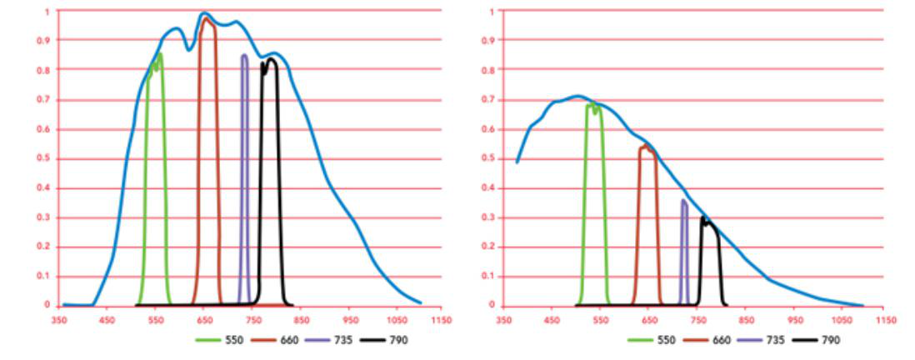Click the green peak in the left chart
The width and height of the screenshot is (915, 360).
click(159, 54)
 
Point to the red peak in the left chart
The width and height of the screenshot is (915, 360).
click(206, 18)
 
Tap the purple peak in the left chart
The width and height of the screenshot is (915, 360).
click(244, 56)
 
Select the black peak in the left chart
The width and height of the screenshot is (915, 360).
click(271, 58)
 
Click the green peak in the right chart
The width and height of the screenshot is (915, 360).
click(592, 104)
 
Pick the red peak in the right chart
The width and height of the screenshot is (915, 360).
click(646, 146)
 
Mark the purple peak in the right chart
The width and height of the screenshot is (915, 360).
click(683, 200)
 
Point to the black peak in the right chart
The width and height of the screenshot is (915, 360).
click(703, 218)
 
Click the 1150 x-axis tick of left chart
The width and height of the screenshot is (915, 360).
click(442, 319)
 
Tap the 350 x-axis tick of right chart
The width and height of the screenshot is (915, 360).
click(503, 319)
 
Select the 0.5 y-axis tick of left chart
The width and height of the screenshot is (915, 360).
click(47, 158)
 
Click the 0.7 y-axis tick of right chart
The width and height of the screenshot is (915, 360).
click(491, 99)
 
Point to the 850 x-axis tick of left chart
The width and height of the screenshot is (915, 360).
click(299, 319)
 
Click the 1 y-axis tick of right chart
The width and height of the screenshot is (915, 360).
click(492, 11)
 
